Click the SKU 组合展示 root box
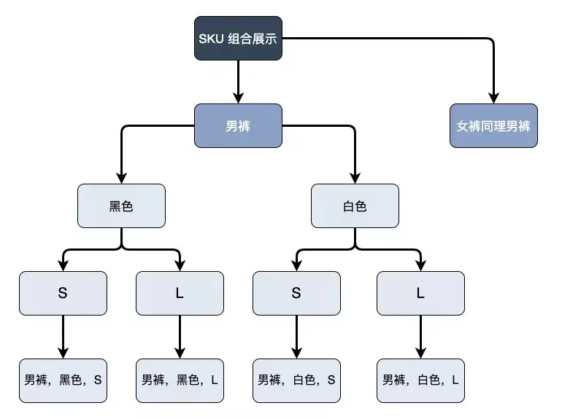pos(238,38)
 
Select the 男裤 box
pos(238,125)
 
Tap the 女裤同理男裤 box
pos(493,125)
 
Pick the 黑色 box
pos(121,205)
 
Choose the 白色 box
pos(355,205)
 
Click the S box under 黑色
pos(63,293)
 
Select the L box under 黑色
pos(180,293)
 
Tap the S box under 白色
pos(296,293)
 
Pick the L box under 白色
pos(420,293)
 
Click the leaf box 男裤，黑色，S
pos(63,380)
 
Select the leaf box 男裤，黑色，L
pos(180,380)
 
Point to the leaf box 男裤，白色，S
pos(296,380)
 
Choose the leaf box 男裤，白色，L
pos(420,380)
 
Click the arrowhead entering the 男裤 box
pos(238,98)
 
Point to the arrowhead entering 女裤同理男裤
pos(493,98)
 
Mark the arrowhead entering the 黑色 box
pos(121,178)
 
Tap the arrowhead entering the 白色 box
pos(355,178)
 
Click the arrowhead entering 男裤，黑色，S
pos(63,353)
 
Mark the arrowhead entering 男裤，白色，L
pos(420,353)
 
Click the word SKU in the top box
pos(211,38)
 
